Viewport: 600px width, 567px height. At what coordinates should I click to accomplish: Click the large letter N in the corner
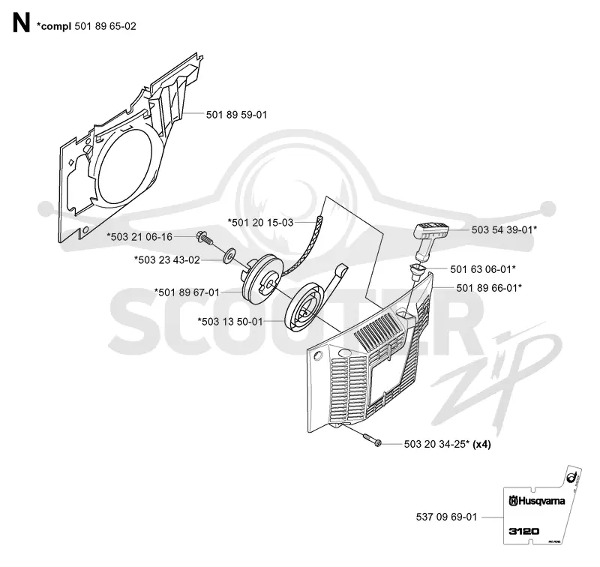[21, 24]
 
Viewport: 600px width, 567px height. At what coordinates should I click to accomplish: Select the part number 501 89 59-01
[236, 115]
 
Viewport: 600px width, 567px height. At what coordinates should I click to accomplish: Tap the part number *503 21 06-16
[139, 237]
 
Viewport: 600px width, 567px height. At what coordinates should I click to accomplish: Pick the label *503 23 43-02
[167, 260]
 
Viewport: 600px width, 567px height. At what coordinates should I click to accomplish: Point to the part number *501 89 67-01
[187, 292]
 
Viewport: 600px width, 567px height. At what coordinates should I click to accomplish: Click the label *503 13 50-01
[230, 322]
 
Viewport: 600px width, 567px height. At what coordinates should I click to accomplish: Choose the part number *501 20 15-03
[260, 222]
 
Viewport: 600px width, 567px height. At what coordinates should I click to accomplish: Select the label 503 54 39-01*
[504, 229]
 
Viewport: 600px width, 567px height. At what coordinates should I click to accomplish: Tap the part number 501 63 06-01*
[483, 269]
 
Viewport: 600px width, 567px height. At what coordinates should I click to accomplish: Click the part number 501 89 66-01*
[489, 288]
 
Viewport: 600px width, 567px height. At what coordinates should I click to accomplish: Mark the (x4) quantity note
[481, 445]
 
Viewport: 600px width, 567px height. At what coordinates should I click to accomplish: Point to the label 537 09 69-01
[446, 517]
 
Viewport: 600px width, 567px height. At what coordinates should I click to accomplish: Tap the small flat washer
[229, 255]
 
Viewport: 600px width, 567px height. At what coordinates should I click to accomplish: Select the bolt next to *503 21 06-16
[204, 238]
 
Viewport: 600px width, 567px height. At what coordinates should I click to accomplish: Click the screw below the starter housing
[372, 440]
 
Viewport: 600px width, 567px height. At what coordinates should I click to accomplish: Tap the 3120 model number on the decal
[524, 531]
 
